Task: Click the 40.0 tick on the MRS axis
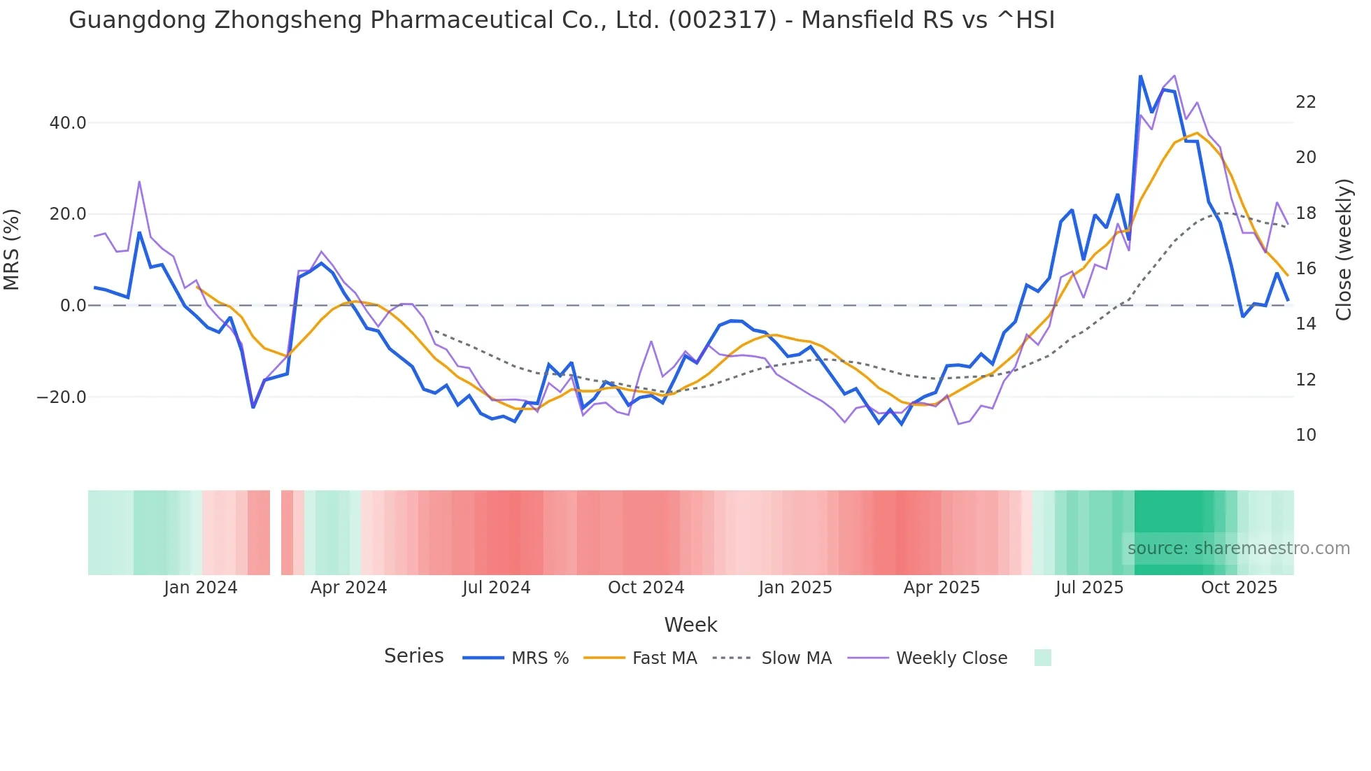[67, 123]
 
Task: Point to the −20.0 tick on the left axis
[62, 397]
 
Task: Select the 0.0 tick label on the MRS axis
[73, 306]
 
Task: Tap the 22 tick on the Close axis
[1305, 102]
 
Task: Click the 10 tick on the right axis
[1305, 435]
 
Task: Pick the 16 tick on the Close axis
[1305, 269]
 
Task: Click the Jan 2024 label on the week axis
[201, 588]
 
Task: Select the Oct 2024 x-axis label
[646, 588]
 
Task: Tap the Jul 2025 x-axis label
[1089, 588]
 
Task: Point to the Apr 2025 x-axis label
[942, 588]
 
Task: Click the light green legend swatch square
[1042, 658]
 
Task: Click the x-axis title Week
[690, 625]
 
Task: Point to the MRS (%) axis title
[12, 249]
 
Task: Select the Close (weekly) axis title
[1344, 249]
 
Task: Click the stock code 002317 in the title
[723, 20]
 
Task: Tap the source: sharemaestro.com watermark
[1238, 549]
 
